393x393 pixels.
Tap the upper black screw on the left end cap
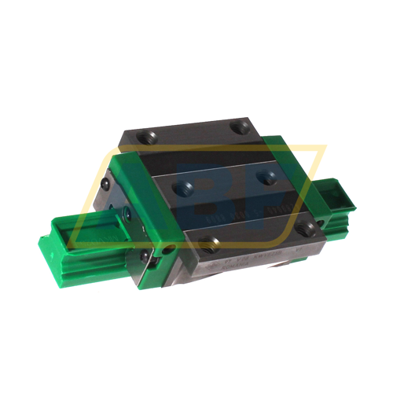click(107, 183)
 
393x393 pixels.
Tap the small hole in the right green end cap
click(321, 222)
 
